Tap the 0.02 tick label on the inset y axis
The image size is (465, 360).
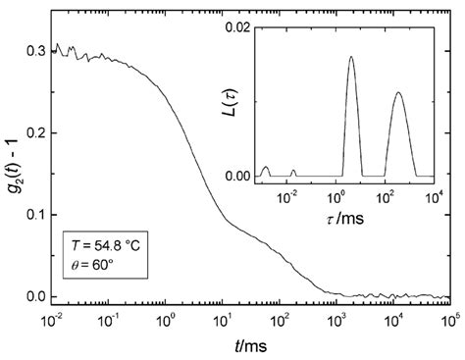(236, 24)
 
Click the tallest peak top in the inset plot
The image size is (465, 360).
(351, 57)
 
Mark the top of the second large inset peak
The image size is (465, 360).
(397, 93)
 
